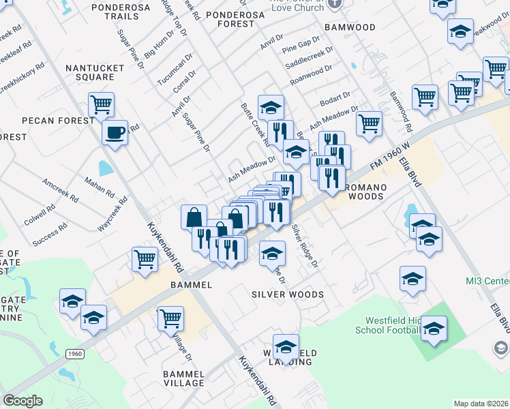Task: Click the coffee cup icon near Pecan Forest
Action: pos(115,132)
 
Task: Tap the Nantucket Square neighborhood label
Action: pos(95,72)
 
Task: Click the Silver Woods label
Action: pos(287,294)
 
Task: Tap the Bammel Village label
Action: pos(183,378)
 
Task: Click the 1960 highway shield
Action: pos(75,354)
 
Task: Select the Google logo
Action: pos(22,401)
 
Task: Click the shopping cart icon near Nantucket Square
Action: pos(101,104)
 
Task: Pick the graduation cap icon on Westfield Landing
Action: pos(286,346)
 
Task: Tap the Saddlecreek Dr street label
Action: pos(310,58)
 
